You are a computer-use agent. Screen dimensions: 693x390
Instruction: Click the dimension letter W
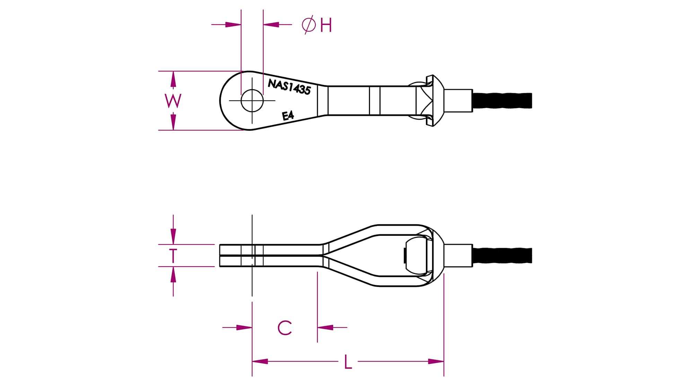(173, 101)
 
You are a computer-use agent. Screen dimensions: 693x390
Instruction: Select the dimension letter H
(326, 25)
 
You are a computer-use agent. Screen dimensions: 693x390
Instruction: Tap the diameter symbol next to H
(309, 25)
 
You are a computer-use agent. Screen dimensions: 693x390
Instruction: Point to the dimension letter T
(173, 256)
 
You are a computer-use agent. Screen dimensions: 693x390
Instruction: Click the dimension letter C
(285, 328)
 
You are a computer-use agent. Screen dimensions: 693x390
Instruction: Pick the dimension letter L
(348, 362)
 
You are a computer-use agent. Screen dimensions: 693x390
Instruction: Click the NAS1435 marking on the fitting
(289, 87)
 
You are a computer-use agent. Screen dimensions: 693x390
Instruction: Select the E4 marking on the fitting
(288, 115)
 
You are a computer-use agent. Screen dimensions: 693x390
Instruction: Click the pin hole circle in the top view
(252, 101)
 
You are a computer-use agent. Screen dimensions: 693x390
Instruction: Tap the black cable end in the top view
(502, 101)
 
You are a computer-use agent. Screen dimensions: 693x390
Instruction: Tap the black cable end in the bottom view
(502, 255)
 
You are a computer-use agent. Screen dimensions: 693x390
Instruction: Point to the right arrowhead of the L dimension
(436, 362)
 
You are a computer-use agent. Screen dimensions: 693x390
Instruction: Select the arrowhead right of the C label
(325, 327)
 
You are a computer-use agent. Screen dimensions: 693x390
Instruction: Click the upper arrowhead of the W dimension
(173, 79)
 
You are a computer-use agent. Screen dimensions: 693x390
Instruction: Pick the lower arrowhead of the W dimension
(173, 122)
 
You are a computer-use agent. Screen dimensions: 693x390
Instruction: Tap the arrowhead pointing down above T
(173, 236)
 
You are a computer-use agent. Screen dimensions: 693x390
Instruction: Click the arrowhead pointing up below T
(173, 275)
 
